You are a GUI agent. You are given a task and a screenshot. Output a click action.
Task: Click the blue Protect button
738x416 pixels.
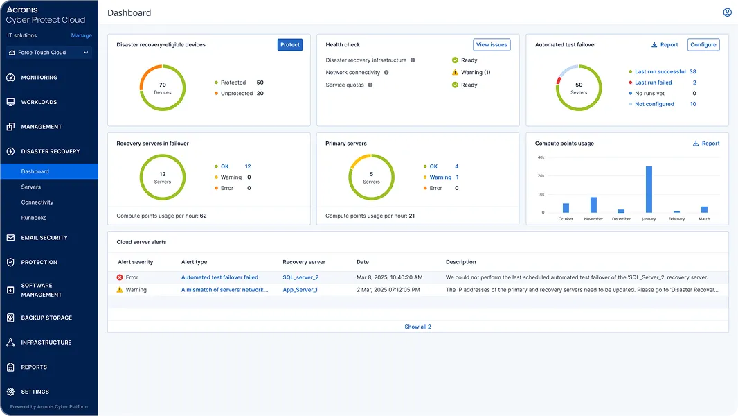pos(290,45)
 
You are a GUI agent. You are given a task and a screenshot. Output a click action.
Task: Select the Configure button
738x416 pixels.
pos(703,45)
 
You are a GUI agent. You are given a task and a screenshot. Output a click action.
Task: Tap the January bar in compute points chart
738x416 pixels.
pos(649,189)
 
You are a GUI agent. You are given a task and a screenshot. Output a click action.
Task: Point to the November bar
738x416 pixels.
pos(593,205)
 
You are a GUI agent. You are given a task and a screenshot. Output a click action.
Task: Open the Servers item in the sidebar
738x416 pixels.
pos(31,187)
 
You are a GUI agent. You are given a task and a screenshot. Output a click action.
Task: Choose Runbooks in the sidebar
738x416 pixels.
pos(34,218)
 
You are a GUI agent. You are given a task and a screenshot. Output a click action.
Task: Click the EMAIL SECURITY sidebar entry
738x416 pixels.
pos(44,238)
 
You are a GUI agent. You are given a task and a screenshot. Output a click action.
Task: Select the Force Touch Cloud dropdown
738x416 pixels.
pos(49,53)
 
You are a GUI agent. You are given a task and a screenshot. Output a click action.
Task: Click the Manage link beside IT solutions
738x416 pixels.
pos(81,35)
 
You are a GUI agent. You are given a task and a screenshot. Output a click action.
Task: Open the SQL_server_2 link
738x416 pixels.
pos(300,277)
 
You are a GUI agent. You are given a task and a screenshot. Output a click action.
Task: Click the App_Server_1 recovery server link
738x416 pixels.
pos(300,290)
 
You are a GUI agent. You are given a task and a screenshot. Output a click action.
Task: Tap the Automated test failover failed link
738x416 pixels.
pos(219,277)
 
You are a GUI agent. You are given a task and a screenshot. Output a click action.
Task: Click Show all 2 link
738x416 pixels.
pos(417,327)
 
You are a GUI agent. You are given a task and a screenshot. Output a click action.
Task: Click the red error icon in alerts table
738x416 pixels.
pos(120,277)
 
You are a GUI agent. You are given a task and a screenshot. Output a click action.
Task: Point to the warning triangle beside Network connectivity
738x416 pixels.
pos(455,72)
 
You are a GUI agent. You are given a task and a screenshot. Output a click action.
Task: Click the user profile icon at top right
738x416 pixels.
pos(727,12)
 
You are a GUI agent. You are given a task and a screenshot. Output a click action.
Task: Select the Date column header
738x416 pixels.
pos(363,262)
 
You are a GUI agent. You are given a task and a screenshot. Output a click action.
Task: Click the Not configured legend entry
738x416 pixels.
pos(654,104)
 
